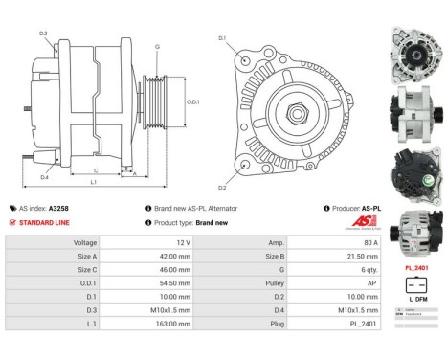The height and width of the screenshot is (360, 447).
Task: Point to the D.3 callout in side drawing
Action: click(x=44, y=34)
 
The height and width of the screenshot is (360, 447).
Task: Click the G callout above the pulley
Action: click(x=156, y=47)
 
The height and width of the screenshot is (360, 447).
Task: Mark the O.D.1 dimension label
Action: click(x=191, y=102)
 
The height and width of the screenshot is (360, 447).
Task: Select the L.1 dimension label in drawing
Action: click(x=93, y=182)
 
